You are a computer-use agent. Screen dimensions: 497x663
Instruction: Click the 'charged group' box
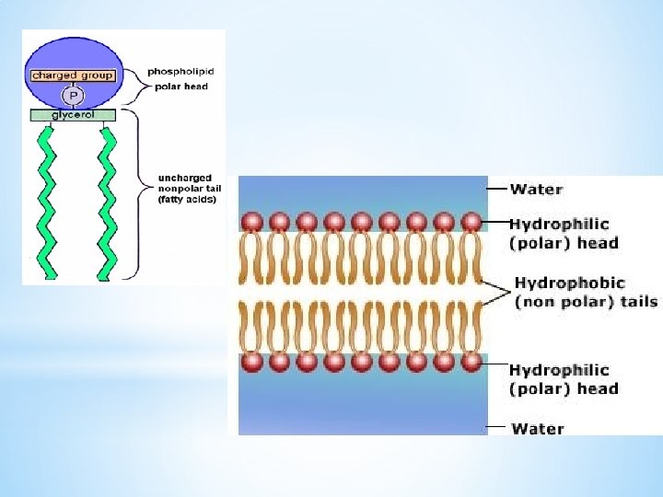tap(73, 75)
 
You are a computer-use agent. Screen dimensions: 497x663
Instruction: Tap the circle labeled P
tap(73, 96)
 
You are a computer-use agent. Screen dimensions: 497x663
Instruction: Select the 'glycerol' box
tap(73, 115)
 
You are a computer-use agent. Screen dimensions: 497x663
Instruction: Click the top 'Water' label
tap(536, 189)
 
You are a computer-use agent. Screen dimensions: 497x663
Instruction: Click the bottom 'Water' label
tap(538, 428)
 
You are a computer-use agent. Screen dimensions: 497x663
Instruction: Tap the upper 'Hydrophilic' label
tap(559, 225)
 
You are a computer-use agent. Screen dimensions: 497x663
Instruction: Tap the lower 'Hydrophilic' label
tap(559, 370)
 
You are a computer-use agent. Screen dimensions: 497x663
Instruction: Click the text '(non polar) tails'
tap(586, 302)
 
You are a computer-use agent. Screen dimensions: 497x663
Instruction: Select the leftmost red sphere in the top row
tap(252, 222)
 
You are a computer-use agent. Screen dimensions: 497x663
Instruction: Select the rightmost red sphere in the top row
tap(472, 222)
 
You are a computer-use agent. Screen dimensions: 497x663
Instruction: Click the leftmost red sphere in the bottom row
tap(252, 362)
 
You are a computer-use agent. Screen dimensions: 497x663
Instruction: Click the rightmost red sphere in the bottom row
tap(472, 362)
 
